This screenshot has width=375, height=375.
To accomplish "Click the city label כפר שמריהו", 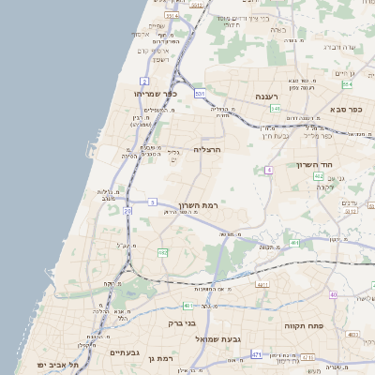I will pos(156,94).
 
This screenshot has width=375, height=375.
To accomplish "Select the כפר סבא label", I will pos(344,110).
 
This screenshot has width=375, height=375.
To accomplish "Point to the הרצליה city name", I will pos(206,149).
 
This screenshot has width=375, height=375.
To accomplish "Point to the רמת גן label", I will pos(163,359).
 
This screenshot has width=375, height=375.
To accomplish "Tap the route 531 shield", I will pos(200,95).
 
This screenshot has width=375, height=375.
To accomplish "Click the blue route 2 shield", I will pos(144,81).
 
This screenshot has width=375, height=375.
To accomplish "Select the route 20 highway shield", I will pos(127,211).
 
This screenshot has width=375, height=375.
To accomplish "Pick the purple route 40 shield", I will pos(333,294).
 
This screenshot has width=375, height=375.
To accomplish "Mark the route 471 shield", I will pos(257,355).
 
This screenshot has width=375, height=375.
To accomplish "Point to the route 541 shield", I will pos(275,109).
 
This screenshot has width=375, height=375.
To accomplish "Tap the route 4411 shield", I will pos(262,284).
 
